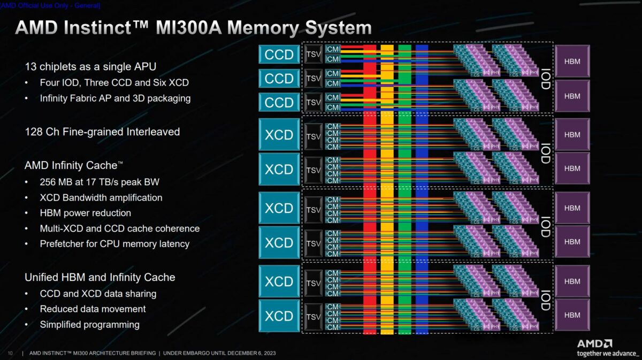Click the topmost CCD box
click(x=279, y=54)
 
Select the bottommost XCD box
click(x=279, y=316)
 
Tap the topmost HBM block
click(x=572, y=62)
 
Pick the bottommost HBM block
click(x=572, y=315)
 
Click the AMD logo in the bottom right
click(x=594, y=343)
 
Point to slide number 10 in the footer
click(x=10, y=354)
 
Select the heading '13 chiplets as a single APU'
click(x=90, y=67)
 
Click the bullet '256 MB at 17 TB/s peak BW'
click(x=100, y=182)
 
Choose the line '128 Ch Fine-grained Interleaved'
click(x=102, y=132)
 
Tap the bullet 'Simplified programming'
click(x=89, y=324)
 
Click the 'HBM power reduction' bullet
click(x=85, y=213)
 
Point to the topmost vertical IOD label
click(x=545, y=78)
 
